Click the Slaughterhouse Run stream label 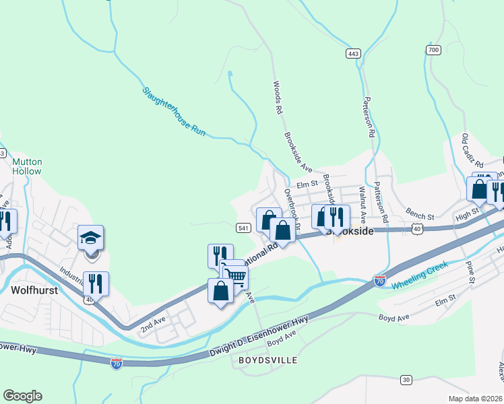click(173, 112)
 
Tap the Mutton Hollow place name click(27, 166)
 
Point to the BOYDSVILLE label click(268, 361)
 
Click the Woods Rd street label click(276, 97)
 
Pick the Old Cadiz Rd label click(472, 151)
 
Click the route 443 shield click(353, 53)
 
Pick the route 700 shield click(433, 50)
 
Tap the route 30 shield click(406, 380)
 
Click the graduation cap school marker click(91, 238)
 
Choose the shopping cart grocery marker click(236, 275)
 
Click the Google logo click(22, 396)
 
